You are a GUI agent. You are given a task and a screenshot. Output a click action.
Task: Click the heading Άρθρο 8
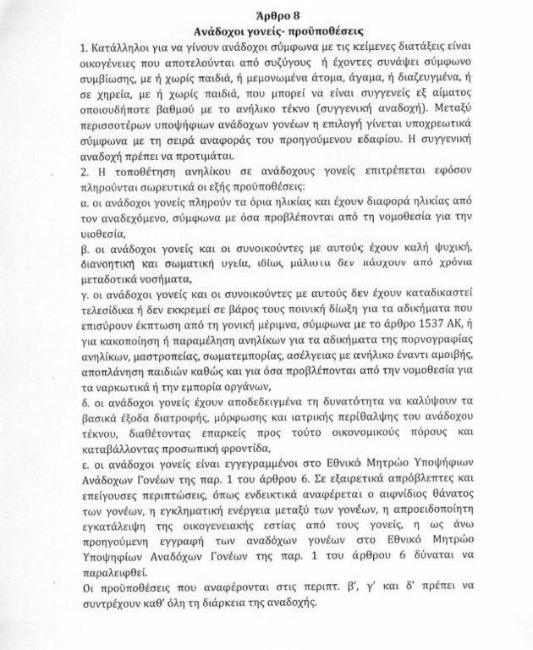click(268, 14)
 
